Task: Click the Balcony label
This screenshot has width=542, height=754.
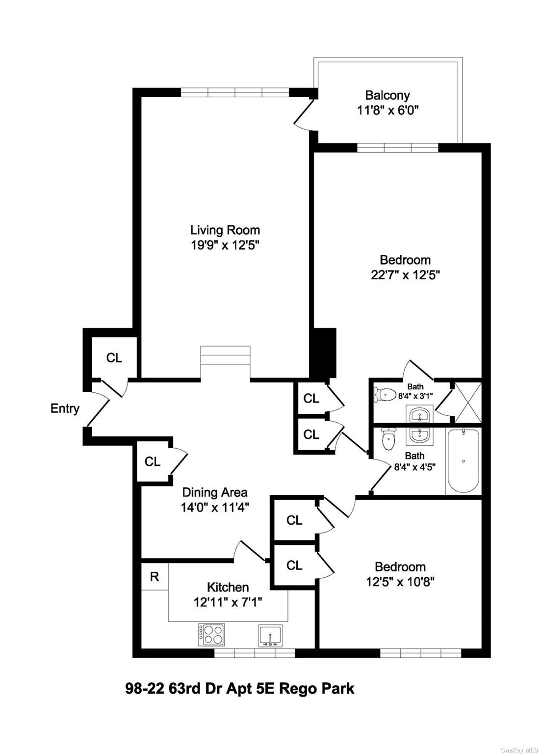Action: coord(387,95)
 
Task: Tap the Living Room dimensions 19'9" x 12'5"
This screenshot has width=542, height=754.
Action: coord(225,245)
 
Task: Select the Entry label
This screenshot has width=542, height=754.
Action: coord(65,408)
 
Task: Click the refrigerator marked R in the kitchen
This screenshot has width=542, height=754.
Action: coord(155,577)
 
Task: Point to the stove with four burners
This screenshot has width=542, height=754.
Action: coord(211,634)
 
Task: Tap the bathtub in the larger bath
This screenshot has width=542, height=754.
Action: coord(463,461)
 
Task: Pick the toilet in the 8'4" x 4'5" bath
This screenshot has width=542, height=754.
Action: coord(388,439)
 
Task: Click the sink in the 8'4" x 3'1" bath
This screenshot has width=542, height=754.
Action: coord(419,415)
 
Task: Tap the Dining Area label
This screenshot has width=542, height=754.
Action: coord(215,492)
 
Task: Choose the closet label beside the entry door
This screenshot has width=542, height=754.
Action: coord(114,358)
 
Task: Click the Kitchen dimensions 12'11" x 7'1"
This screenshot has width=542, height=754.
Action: coord(228,602)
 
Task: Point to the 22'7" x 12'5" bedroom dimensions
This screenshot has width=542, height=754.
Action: coord(405,275)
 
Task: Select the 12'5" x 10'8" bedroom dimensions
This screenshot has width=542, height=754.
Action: coord(400,582)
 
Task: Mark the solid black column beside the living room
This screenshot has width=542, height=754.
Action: coord(323,352)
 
